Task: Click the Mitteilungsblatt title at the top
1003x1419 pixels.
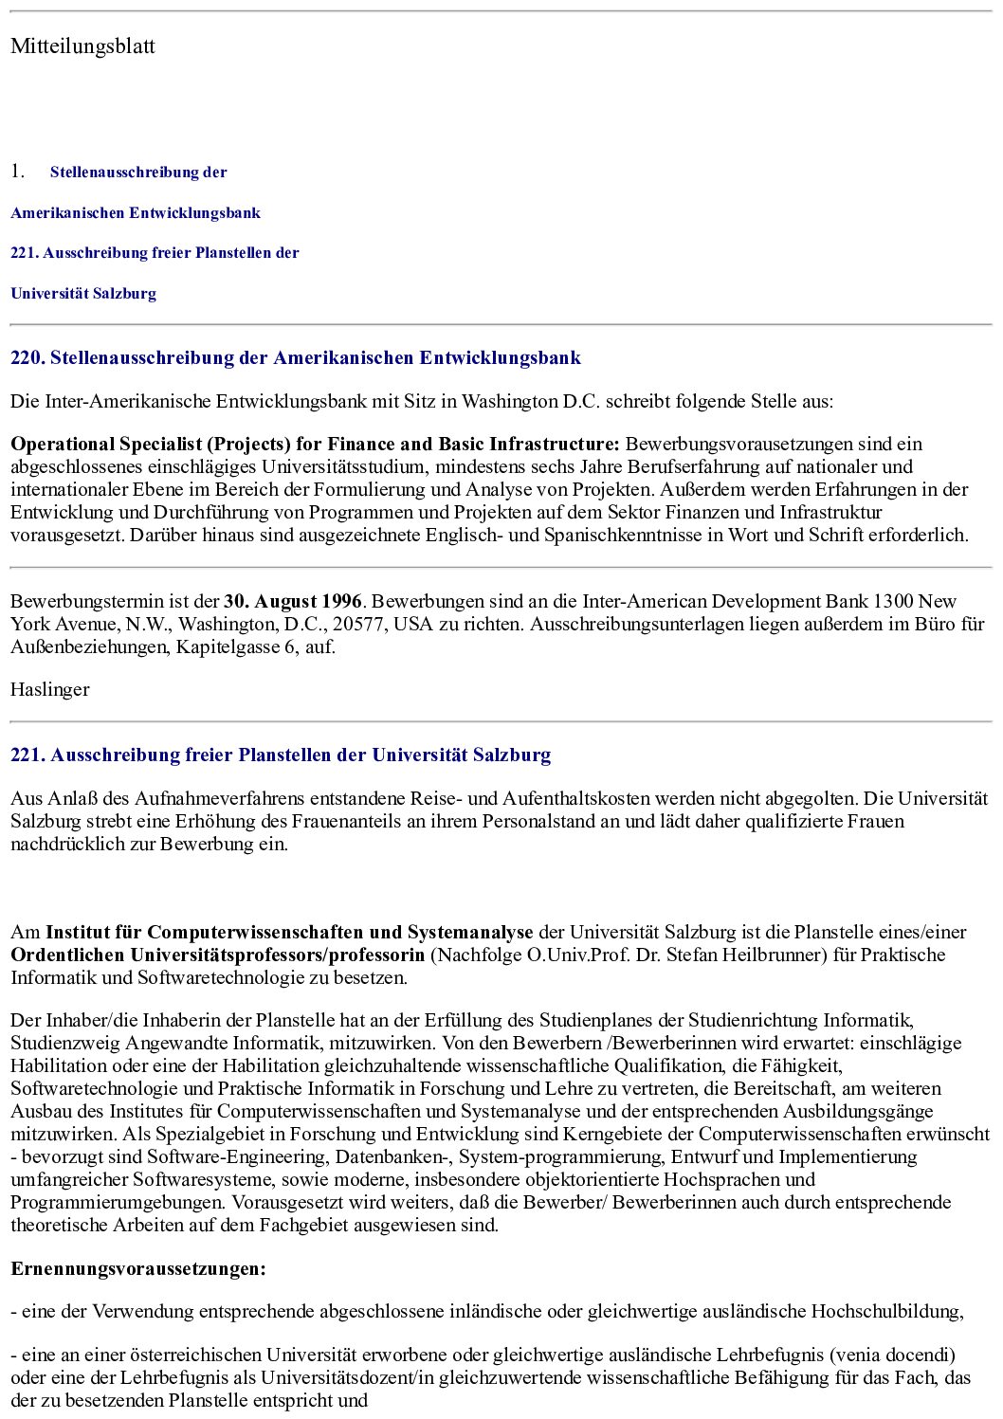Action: (x=82, y=46)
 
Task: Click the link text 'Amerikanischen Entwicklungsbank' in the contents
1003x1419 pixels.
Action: (x=136, y=213)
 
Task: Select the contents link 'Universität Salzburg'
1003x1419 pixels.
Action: (x=83, y=294)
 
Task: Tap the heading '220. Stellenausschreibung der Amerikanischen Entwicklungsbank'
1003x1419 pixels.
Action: (x=295, y=358)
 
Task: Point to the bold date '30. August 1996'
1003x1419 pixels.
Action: (x=293, y=602)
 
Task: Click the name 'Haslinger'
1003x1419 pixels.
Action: (x=49, y=690)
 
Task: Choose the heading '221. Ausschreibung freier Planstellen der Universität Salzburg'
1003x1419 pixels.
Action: (x=281, y=755)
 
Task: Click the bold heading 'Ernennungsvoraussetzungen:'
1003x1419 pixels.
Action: (x=138, y=1269)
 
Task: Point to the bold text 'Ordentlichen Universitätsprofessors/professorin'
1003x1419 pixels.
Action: (x=217, y=955)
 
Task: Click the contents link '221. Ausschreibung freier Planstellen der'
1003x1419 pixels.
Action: (x=155, y=253)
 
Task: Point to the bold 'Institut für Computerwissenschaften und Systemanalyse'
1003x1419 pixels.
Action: (x=289, y=933)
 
